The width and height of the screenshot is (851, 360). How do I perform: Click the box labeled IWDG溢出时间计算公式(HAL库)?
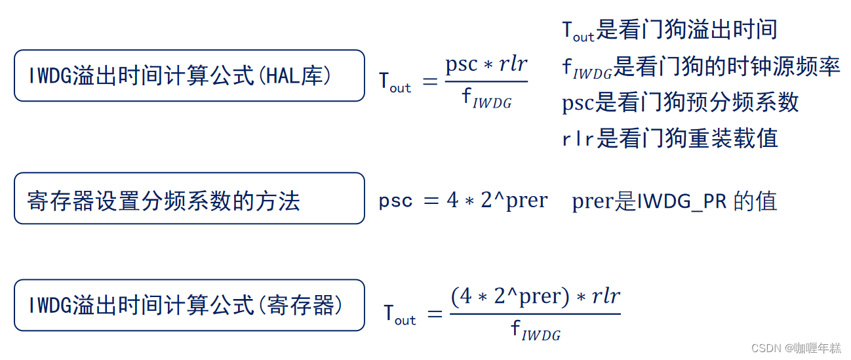click(x=189, y=75)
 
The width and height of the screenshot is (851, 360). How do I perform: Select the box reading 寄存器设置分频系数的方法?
click(x=189, y=199)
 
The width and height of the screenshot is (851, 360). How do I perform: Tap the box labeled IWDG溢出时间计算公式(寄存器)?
click(x=189, y=305)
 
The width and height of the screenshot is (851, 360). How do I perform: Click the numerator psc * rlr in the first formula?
click(x=486, y=65)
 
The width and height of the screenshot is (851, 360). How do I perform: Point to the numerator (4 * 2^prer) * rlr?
click(x=535, y=296)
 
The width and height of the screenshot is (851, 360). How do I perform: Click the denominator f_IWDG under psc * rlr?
click(x=486, y=98)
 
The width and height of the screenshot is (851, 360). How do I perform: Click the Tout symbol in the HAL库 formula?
click(x=395, y=83)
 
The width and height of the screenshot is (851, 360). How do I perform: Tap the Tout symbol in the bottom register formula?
click(x=400, y=314)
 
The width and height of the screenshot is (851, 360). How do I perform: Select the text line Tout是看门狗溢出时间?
click(x=669, y=30)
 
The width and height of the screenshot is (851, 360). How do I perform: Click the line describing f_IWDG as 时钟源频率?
click(x=700, y=67)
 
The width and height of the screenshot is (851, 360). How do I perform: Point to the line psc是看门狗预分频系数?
click(x=680, y=102)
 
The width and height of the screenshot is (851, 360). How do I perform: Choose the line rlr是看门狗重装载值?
click(x=669, y=138)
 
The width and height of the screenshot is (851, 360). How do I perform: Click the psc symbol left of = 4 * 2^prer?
click(x=395, y=201)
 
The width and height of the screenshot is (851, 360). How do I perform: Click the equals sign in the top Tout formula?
click(x=429, y=82)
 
